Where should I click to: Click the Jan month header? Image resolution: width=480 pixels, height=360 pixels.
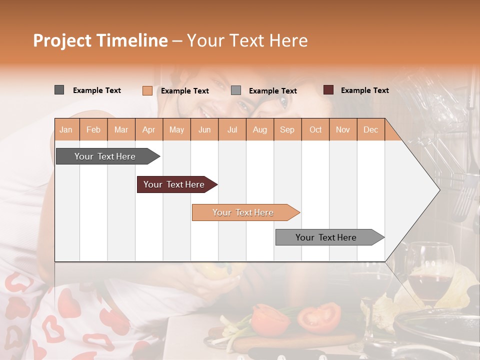click(x=66, y=130)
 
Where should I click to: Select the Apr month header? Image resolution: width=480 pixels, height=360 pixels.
click(x=149, y=130)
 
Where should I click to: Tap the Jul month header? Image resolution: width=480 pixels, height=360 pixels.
click(x=232, y=130)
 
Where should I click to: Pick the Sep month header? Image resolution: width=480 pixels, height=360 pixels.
click(x=287, y=130)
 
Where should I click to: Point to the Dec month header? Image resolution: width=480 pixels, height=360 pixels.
click(x=370, y=130)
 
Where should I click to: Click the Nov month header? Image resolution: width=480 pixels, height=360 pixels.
click(x=342, y=130)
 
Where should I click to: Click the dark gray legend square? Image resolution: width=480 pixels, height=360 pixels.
click(x=59, y=90)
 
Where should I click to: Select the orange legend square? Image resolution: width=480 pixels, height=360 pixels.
click(x=147, y=90)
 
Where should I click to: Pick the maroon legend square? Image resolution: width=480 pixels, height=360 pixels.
click(x=328, y=90)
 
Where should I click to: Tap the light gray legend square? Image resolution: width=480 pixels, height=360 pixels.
click(x=236, y=90)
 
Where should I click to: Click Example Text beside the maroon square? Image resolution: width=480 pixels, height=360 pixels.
click(x=364, y=90)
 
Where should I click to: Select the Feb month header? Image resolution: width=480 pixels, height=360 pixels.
click(x=93, y=130)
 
